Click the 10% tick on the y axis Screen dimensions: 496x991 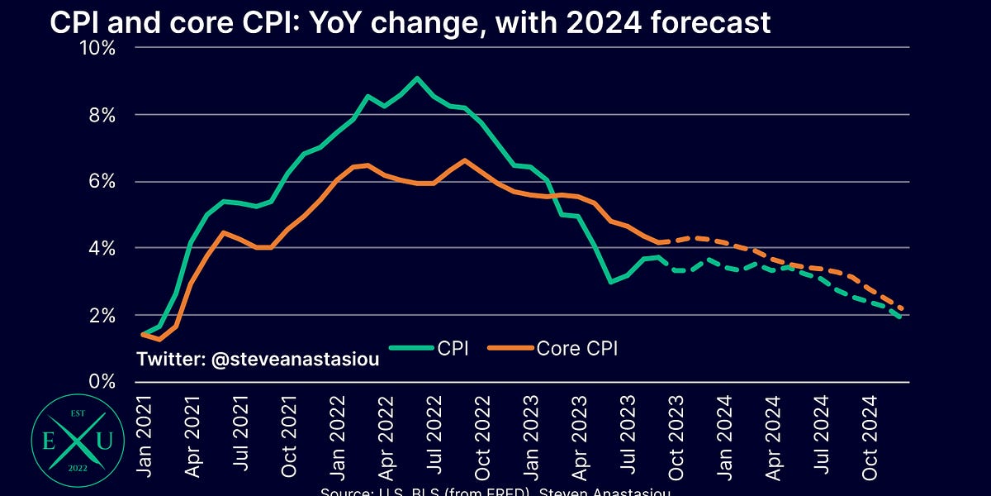pyautogui.click(x=97, y=47)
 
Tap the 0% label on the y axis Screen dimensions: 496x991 pyautogui.click(x=102, y=381)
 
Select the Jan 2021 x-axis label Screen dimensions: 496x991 pyautogui.click(x=145, y=433)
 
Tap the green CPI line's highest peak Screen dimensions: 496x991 pyautogui.click(x=417, y=79)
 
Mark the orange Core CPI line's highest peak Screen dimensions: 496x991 pyautogui.click(x=465, y=160)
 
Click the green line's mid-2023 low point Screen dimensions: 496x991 pyautogui.click(x=609, y=282)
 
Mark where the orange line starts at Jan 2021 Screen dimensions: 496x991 pyautogui.click(x=145, y=335)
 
